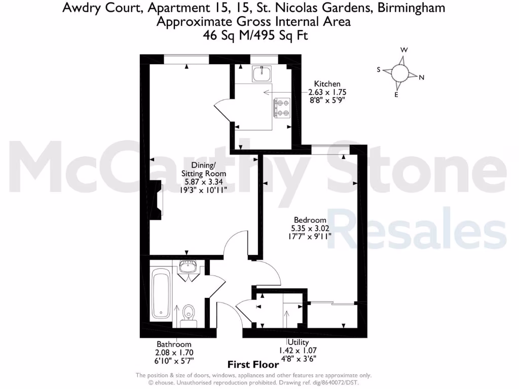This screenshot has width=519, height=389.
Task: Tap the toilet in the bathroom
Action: (x=189, y=313)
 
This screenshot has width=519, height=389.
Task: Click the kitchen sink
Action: (x=262, y=74)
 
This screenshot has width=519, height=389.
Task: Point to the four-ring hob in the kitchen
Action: (x=282, y=107)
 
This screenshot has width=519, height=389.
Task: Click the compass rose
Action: (x=400, y=73)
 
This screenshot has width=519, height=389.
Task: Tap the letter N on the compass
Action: (x=421, y=77)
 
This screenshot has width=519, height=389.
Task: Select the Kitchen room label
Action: (x=327, y=84)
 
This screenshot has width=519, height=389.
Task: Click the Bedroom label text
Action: (x=310, y=220)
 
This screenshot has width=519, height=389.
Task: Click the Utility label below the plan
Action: (x=298, y=343)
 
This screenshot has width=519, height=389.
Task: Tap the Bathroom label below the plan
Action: (x=174, y=344)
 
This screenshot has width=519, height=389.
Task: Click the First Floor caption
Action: (x=253, y=364)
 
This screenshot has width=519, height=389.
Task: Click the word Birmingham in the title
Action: (x=408, y=8)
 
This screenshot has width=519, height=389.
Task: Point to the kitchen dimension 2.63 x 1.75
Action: (x=327, y=92)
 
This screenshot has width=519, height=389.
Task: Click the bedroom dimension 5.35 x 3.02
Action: (x=310, y=228)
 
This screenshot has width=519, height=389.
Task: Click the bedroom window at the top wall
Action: (x=329, y=148)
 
